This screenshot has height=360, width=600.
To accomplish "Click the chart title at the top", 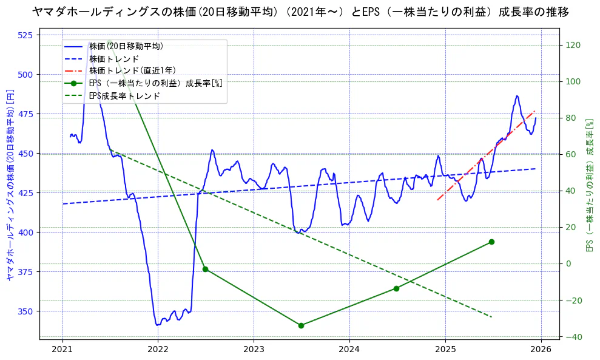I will coord(300,12).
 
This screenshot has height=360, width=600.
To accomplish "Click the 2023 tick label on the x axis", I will coord(254,349).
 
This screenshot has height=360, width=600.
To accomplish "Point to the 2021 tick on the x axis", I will coord(62,349).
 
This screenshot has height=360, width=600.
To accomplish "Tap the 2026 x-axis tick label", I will coord(541,349).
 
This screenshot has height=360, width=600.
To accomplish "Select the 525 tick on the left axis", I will coord(25,35).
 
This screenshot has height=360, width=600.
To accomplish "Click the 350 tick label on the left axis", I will coord(25,311).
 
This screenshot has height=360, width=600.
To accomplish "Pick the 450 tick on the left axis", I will coord(25,154).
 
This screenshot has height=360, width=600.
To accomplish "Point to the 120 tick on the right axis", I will coord(573,45).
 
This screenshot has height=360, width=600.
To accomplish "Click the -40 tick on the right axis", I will coord(573,337).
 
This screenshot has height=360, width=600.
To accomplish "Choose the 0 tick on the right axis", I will coord(568,263).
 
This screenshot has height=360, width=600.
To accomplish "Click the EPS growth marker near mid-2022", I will coord(205,269).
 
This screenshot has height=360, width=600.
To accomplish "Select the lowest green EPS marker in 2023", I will coord(301,325).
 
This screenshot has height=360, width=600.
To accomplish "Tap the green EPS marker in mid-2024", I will coord(396,288).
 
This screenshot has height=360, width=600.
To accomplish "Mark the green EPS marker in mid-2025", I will coord(491,242).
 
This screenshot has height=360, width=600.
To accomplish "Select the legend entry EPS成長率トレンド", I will coord(124,96).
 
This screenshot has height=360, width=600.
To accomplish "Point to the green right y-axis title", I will coord(588,185).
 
